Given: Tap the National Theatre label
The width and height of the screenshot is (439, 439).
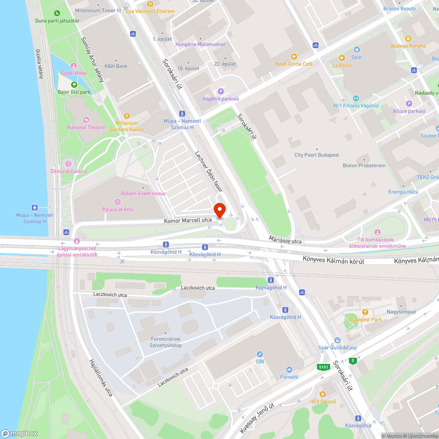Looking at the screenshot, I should (86, 127).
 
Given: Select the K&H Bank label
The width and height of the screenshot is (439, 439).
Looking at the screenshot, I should (116, 66).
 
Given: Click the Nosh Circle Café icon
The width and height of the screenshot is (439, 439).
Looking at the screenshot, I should (294, 56).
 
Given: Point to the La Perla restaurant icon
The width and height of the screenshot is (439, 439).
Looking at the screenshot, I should (342, 58).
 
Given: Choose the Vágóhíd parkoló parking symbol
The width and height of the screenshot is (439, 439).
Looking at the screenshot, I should (221, 91).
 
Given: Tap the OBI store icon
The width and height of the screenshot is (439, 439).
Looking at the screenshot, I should (259, 354).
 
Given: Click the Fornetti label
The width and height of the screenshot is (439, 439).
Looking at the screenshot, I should (289, 377).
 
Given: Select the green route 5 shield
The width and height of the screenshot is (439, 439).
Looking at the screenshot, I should (352, 361).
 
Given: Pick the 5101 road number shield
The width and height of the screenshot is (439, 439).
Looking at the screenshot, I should (324, 367).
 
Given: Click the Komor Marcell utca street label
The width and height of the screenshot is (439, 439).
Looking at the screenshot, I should (188, 220).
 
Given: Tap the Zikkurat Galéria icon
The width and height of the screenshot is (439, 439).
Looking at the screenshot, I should (68, 164).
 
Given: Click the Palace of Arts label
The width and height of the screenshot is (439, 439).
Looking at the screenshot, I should (118, 209).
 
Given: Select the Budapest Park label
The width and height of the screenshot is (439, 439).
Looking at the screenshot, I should (365, 320).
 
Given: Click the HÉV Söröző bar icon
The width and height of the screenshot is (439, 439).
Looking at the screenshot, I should (323, 394).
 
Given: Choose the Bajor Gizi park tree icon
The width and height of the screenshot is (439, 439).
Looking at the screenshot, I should (74, 85).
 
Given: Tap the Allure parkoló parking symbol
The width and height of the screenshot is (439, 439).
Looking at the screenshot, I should (409, 104).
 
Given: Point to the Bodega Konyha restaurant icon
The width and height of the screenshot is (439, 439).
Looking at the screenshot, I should (408, 38).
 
